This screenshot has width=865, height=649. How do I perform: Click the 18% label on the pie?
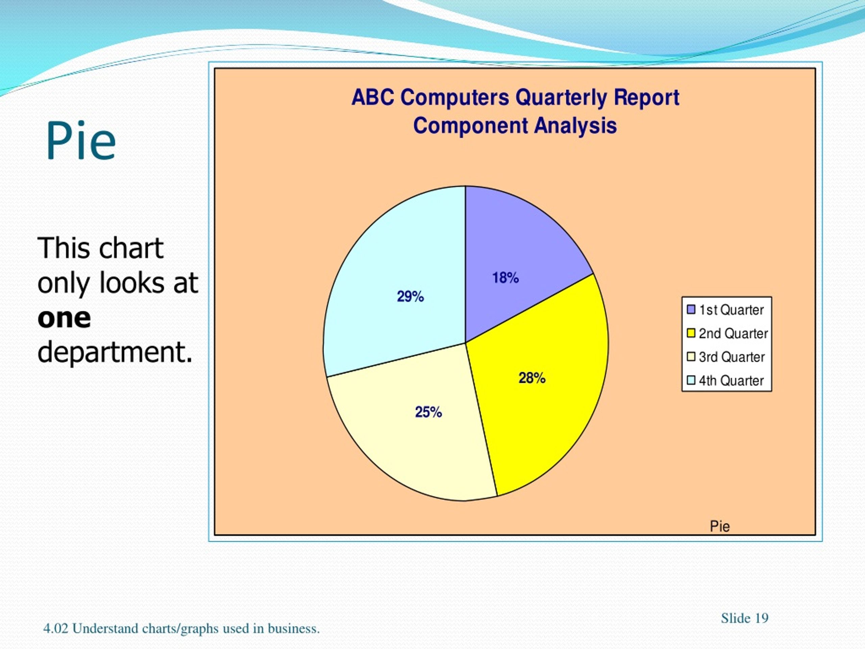point(505,278)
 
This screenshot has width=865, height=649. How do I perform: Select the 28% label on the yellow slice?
point(532,378)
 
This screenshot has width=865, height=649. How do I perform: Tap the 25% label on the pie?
point(428,412)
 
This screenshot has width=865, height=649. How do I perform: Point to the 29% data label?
point(410,296)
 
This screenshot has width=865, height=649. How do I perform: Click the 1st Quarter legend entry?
point(725,310)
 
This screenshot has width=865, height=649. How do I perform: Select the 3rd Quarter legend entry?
point(726,357)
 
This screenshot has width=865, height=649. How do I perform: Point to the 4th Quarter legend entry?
point(725,380)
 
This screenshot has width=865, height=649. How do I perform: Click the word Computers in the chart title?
point(455,98)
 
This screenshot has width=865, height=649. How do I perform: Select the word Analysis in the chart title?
point(576,126)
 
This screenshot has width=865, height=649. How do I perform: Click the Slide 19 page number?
point(745,619)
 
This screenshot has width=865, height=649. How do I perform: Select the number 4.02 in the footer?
point(55,629)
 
